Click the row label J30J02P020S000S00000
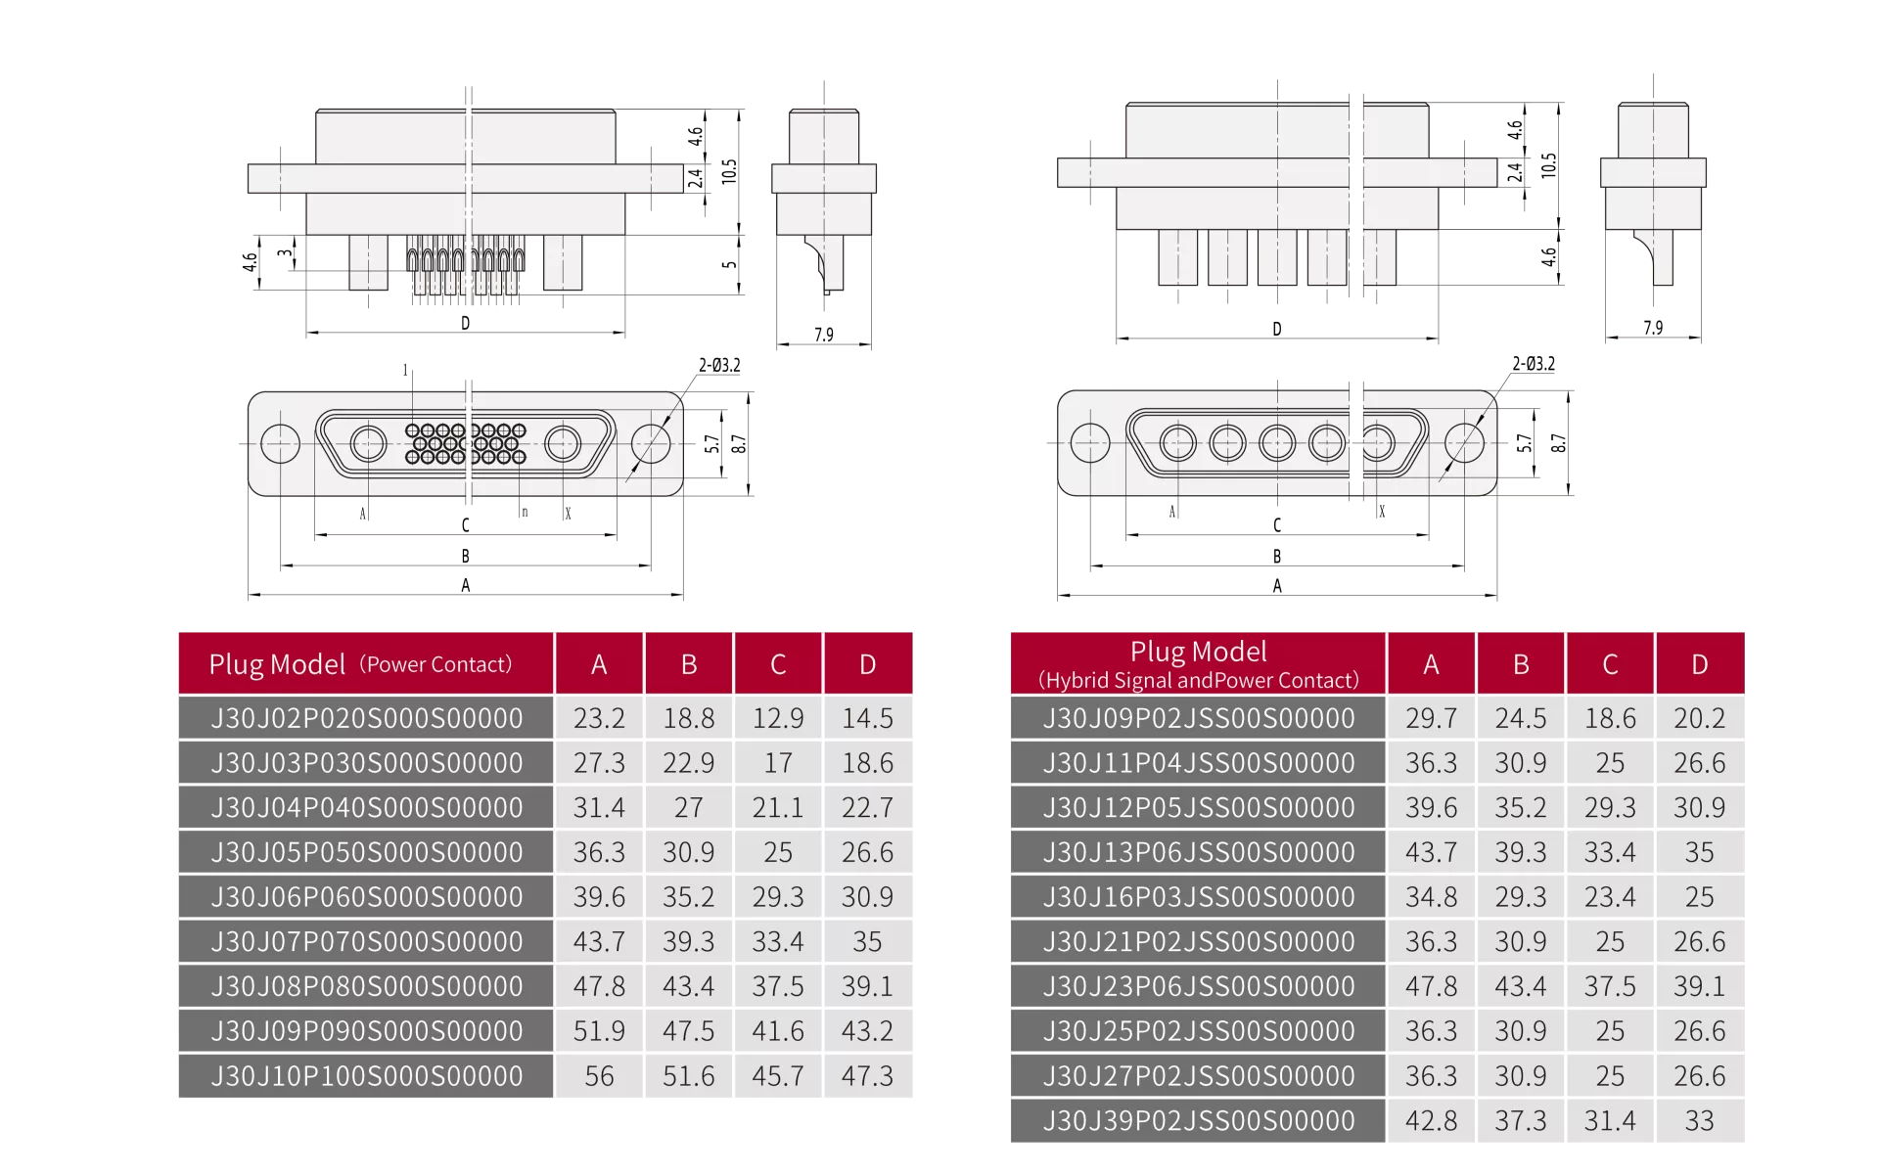[367, 718]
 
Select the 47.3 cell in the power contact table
[867, 1076]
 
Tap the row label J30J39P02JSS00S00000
[1199, 1121]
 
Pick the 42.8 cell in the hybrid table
[1431, 1121]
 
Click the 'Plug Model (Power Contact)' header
[360, 664]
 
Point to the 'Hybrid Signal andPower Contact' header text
[1199, 680]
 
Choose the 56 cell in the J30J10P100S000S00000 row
[599, 1076]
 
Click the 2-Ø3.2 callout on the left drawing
[719, 365]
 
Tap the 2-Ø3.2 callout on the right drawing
[1534, 364]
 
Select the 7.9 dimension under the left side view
[824, 335]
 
